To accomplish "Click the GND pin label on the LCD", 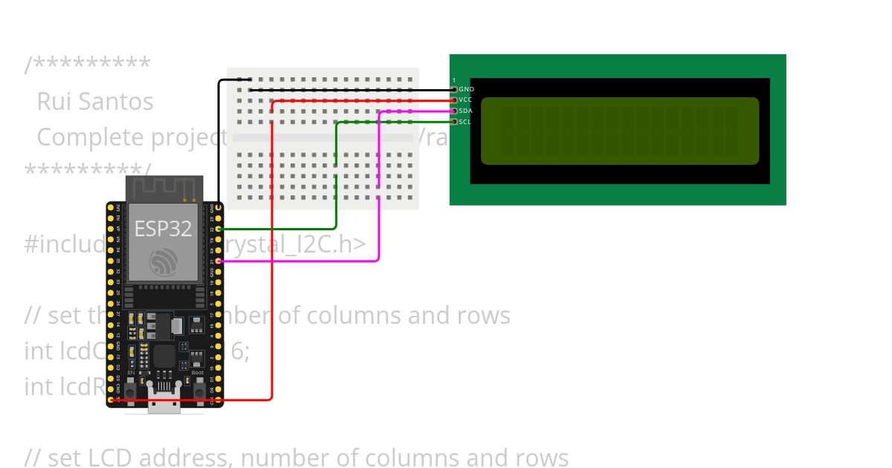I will [466, 89].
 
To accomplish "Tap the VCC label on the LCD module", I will [465, 100].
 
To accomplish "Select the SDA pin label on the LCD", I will [465, 111].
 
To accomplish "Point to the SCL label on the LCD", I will [465, 122].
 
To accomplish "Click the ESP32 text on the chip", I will [163, 229].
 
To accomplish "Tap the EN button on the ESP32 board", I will [130, 391].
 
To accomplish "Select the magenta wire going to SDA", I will [379, 186].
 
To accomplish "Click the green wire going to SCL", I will [336, 178].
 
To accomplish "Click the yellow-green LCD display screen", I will [619, 131].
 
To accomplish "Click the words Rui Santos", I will [95, 102].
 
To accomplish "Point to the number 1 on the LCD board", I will [454, 80].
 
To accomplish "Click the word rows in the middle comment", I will [483, 316].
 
